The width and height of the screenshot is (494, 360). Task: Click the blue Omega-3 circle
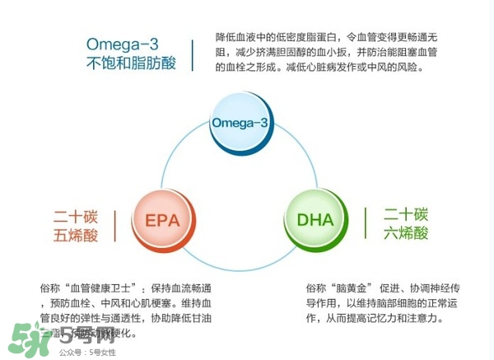240,124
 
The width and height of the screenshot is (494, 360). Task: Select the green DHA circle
315,221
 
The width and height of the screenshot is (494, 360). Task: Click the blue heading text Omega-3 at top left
124,43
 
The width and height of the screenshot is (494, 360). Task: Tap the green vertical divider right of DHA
365,223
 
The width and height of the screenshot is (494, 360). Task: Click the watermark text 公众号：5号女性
87,352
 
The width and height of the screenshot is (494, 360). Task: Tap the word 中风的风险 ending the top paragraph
394,67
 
